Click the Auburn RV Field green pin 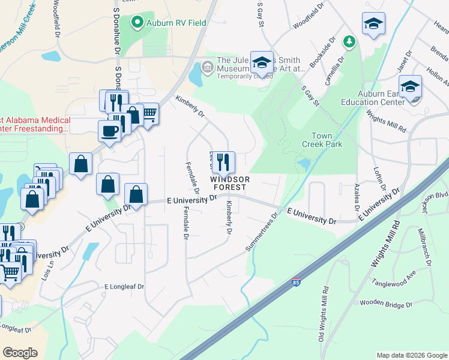coord(137,23)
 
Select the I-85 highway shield coord(296,281)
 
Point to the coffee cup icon coord(110,131)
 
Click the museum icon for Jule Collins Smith coord(208,65)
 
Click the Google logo coord(20,353)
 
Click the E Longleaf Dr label coord(124,287)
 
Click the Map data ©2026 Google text coord(411,355)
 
